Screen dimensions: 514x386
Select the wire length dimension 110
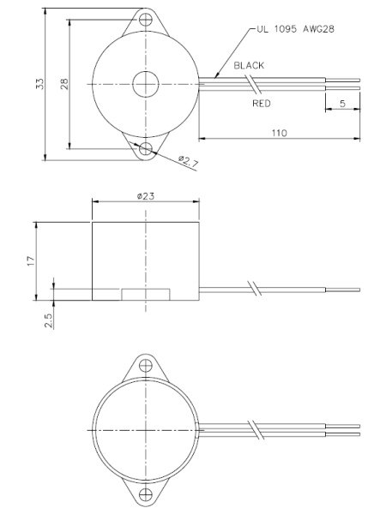pos(277,133)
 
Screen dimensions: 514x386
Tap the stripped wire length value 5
pos(342,103)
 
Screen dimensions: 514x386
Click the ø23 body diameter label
pos(145,195)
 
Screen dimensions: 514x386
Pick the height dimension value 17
pos(31,260)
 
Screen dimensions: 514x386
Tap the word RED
pos(262,104)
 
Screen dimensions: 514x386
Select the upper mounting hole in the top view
pos(145,17)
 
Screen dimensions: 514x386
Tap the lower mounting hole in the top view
pos(145,150)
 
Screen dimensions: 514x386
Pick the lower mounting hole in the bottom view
pos(145,494)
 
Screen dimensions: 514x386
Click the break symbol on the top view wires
pos(250,84)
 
